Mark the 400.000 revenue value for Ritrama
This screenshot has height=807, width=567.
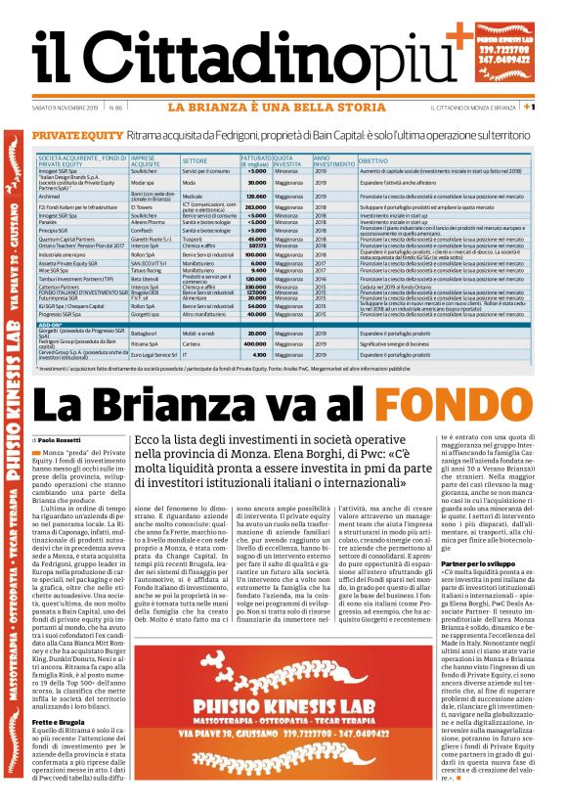coord(255,344)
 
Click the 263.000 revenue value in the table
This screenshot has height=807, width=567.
coord(257,207)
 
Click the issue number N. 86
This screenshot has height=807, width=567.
coord(114,107)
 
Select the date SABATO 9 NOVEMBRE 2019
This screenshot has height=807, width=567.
coord(65,107)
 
